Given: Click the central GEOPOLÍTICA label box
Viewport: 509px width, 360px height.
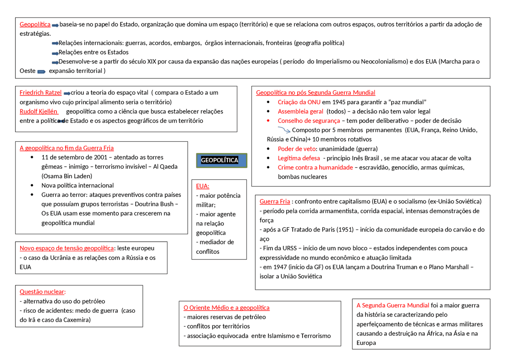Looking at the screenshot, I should [x=221, y=160].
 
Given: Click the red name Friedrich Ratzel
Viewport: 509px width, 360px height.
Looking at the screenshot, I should [x=41, y=93].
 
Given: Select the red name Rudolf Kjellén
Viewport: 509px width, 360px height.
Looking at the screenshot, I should [x=39, y=111].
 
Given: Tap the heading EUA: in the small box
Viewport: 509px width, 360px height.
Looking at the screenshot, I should [x=202, y=186].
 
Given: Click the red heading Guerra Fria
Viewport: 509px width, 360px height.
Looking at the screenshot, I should [x=275, y=201].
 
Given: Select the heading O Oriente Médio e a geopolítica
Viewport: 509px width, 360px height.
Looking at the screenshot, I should [x=226, y=307].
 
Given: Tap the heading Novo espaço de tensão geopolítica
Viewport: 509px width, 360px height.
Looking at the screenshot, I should [x=66, y=248].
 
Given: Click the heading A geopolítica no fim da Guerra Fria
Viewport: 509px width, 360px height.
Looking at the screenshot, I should [x=66, y=148].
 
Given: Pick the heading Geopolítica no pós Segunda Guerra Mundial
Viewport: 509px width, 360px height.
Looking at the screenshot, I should [x=315, y=93].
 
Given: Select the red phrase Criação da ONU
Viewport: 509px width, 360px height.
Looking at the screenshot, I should [x=299, y=102].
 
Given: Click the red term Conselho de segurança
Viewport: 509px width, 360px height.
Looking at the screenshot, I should [x=309, y=121].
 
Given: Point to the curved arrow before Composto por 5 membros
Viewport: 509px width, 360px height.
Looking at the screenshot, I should [x=284, y=129].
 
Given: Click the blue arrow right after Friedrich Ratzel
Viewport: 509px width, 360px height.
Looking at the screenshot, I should [x=67, y=93].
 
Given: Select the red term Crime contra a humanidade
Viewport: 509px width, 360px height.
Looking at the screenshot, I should [x=315, y=167].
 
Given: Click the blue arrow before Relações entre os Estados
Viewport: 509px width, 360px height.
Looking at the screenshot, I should [x=55, y=53].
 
